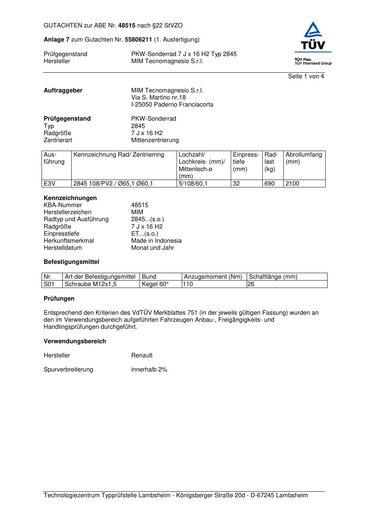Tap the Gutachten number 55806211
coord(138,40)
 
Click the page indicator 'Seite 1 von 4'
coord(306,76)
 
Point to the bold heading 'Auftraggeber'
coord(63,91)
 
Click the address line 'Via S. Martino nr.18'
coord(158,98)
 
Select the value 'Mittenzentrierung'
coord(155,140)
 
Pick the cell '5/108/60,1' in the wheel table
coord(193,184)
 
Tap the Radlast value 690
coord(269,184)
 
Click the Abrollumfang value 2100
coord(292,184)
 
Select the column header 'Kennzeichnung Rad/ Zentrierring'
coord(119,155)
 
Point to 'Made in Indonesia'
coord(156,241)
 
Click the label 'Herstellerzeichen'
coord(68,212)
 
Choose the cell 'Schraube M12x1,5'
coord(91,284)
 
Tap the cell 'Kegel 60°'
coord(155,284)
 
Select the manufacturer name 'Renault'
coord(142,355)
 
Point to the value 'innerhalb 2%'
coord(149,370)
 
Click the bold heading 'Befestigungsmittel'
coord(71,262)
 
